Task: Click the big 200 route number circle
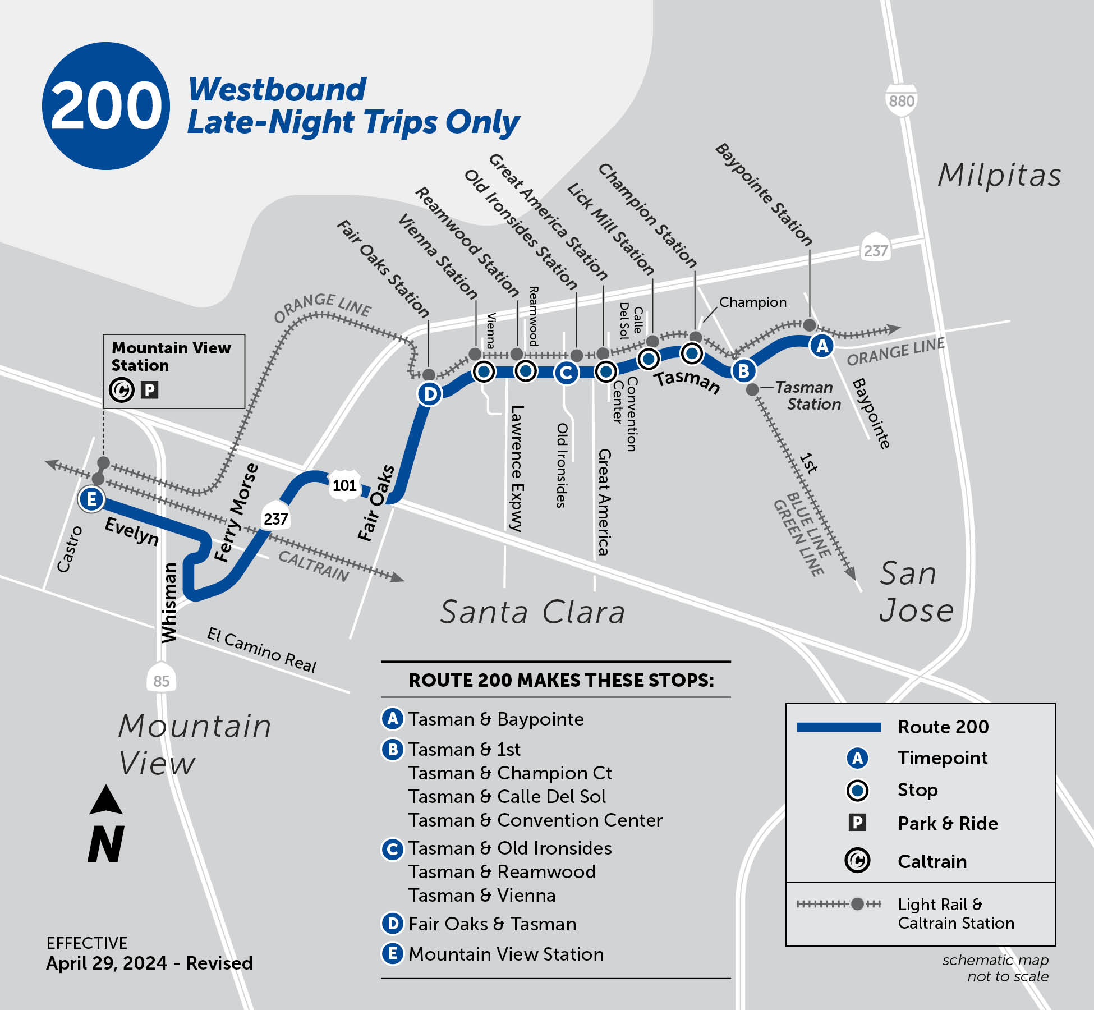[x=105, y=105]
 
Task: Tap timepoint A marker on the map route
[x=822, y=346]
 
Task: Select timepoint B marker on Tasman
[x=743, y=371]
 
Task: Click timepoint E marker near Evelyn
[x=91, y=499]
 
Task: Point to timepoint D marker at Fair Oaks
[x=430, y=394]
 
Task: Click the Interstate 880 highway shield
[x=902, y=100]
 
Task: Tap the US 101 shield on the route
[x=344, y=485]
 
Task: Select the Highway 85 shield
[x=161, y=681]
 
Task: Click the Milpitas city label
[x=999, y=175]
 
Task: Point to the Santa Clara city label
[x=532, y=612]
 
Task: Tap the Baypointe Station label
[x=764, y=194]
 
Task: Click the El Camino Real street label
[x=261, y=650]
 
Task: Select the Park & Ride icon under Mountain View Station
[x=149, y=390]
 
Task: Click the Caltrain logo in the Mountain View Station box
[x=122, y=390]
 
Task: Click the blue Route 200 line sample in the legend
[x=839, y=727]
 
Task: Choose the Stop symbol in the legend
[x=857, y=791]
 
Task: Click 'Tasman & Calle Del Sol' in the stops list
[x=507, y=797]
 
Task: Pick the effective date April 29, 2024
[x=107, y=963]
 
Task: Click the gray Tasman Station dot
[x=752, y=389]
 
